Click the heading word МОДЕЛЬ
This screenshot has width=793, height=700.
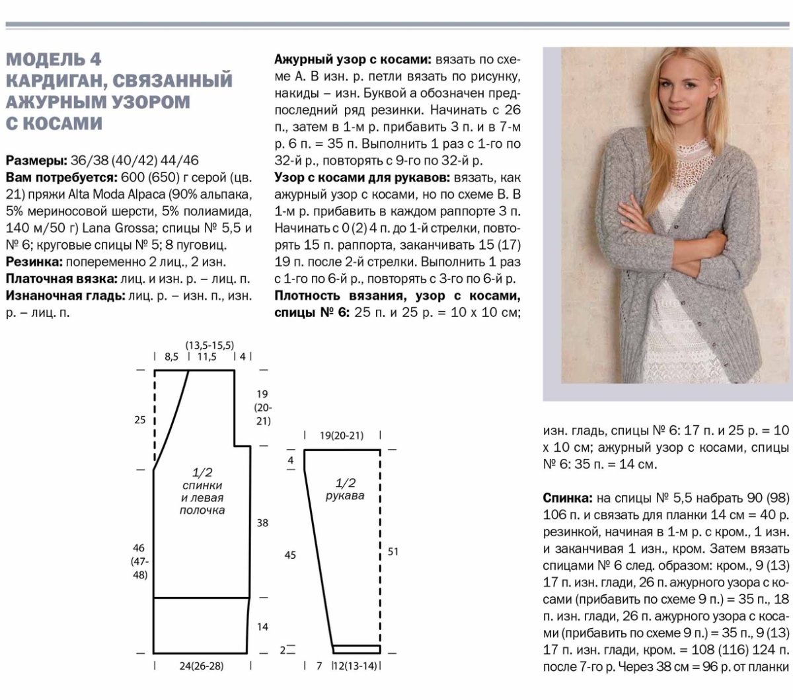pos(46,60)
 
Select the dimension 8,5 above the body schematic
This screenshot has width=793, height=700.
pos(171,357)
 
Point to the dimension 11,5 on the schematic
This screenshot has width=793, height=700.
pos(206,357)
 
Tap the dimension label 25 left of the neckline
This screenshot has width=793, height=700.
pos(140,419)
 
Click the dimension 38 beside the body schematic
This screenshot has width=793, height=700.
pos(262,522)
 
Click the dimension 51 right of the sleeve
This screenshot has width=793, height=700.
pos(393,551)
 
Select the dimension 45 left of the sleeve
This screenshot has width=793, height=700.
pos(290,555)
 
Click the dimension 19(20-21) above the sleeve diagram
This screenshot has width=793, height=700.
pos(342,435)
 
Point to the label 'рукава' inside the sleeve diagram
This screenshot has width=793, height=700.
pos(346,495)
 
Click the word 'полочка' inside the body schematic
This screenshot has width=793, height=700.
pos(202,510)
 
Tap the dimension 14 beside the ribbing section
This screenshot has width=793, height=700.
pos(262,626)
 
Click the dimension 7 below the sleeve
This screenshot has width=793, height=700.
pos(319,666)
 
